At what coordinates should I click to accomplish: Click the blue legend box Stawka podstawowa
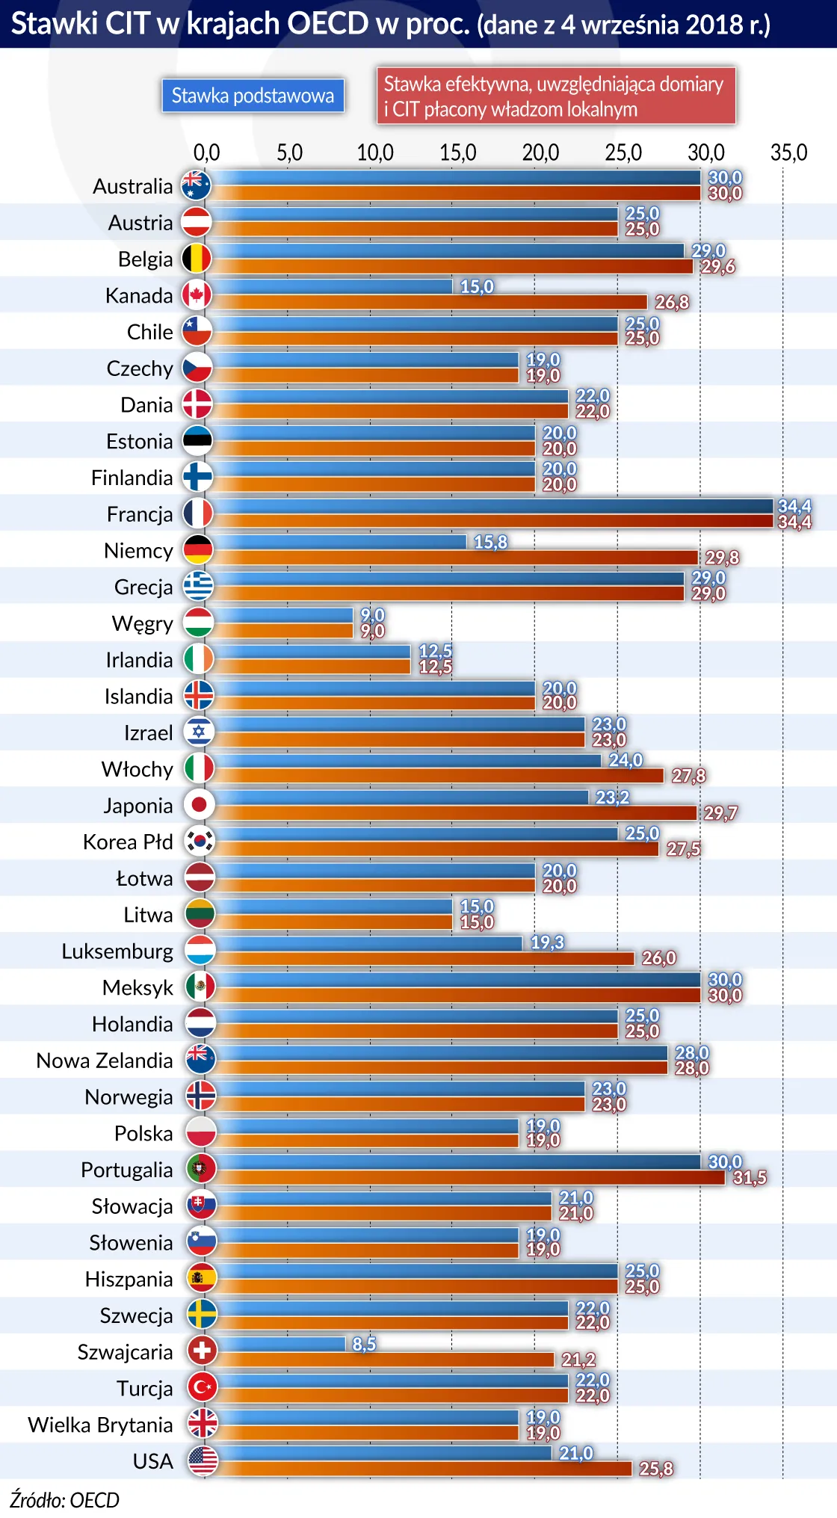[253, 96]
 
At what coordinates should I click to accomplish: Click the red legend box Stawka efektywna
[556, 96]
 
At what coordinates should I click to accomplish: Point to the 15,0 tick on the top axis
[457, 152]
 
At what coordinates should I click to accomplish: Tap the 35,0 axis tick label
[788, 152]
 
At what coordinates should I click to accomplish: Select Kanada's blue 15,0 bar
[333, 286]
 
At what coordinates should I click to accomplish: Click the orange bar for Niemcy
[456, 558]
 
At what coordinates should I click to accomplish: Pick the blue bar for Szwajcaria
[281, 1344]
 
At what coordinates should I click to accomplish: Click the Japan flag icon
[200, 804]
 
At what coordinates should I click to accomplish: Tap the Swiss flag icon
[202, 1351]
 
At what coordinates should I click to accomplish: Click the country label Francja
[140, 514]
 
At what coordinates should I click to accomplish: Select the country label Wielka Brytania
[100, 1425]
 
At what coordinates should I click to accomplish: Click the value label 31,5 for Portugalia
[750, 1178]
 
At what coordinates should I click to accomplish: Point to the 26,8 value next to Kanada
[672, 303]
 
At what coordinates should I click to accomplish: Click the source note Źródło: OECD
[64, 1500]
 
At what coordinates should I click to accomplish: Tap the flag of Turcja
[202, 1387]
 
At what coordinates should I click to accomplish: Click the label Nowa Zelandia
[105, 1061]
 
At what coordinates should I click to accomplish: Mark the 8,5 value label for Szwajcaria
[364, 1344]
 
